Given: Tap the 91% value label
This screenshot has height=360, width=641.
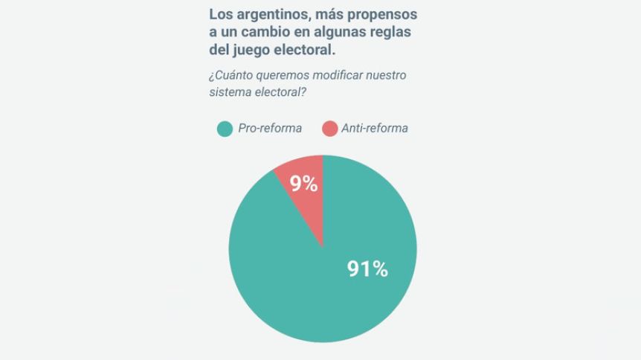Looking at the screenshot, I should click(367, 269).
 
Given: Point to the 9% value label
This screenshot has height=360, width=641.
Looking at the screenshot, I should click(303, 183).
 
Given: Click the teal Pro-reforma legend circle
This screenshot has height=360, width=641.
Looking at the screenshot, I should click(225, 129).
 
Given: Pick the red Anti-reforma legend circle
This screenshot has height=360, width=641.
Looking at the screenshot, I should click(329, 129).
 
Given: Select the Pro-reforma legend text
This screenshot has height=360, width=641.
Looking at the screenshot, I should click(269, 128).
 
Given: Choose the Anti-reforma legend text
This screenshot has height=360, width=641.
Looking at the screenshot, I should click(374, 128).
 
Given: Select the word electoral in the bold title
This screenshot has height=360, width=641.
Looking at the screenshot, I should click(308, 51).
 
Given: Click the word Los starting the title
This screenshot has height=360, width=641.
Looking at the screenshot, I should click(219, 14).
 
